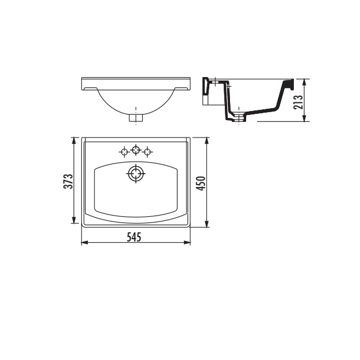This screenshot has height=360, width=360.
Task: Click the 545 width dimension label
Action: click(134, 237)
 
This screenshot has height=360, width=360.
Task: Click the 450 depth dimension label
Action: click(201, 183)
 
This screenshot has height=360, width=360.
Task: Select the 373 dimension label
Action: click(68, 181)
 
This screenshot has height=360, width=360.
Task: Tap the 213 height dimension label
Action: click(298, 102)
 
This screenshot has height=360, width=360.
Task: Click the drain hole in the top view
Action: click(136, 173)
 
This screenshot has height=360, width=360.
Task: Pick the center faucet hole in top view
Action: click(136, 150)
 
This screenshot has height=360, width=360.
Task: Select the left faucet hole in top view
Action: click(124, 152)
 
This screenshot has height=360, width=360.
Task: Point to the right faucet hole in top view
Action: click(147, 152)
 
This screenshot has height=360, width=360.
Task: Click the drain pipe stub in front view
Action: click(136, 118)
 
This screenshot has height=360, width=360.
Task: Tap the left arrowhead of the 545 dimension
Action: click(85, 243)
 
